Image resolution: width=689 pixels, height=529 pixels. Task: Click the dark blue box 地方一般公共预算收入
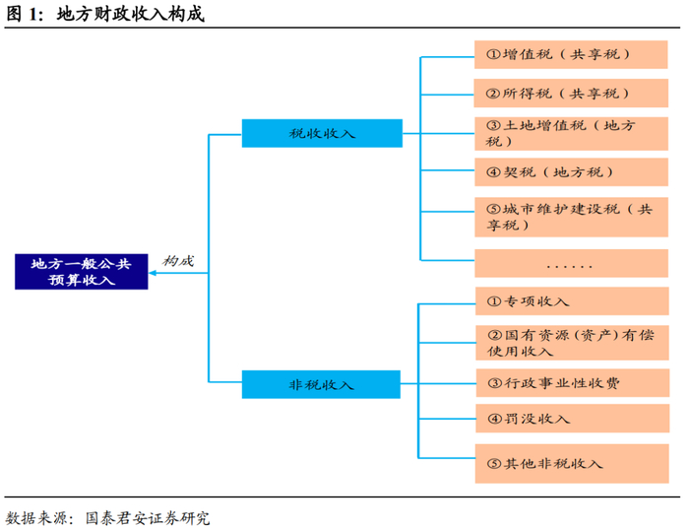point(81,271)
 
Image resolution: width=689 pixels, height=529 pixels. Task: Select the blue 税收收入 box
point(322,133)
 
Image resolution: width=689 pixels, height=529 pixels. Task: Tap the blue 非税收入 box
point(321,384)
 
